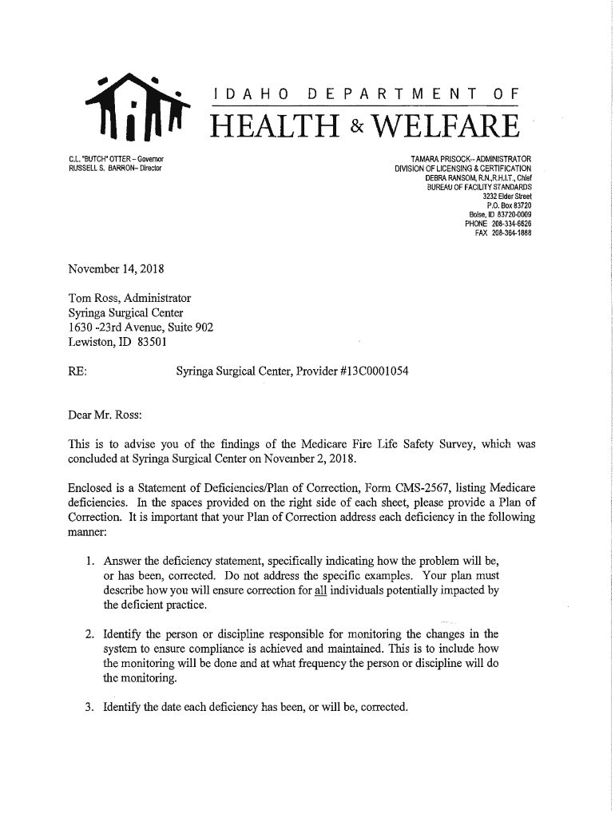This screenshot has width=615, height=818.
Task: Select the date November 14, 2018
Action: [117, 268]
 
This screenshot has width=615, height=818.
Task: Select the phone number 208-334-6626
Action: [511, 224]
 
